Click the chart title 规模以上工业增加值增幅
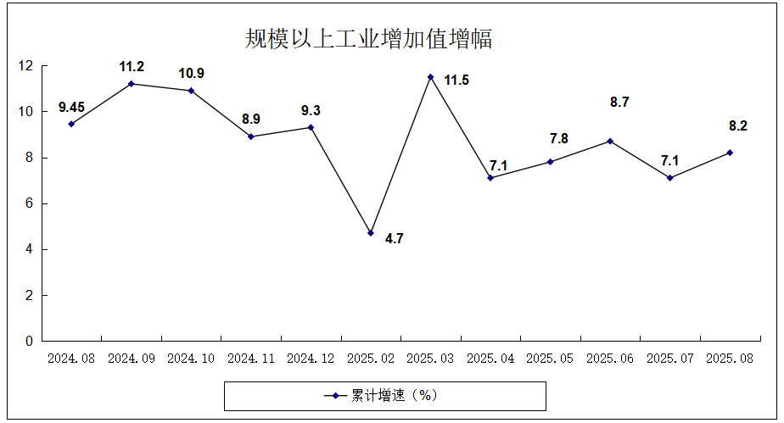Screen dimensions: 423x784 tap(368, 39)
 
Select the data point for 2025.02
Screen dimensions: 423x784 tap(371, 232)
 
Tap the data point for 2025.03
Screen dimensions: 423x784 tap(430, 77)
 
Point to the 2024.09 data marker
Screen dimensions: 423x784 tap(131, 83)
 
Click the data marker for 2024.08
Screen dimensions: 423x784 tap(71, 124)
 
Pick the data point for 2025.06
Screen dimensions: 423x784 tap(610, 141)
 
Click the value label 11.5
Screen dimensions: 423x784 tap(456, 81)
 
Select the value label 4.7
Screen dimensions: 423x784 tap(394, 239)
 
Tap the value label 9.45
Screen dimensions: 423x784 tap(71, 107)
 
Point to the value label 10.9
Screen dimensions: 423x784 tap(191, 74)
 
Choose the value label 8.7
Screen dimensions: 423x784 tap(619, 103)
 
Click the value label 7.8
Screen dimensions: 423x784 tap(559, 139)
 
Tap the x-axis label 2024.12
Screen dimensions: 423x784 tap(311, 359)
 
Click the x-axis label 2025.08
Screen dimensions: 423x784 tap(730, 359)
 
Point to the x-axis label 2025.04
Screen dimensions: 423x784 tap(490, 359)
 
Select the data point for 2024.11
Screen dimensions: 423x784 tap(251, 136)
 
